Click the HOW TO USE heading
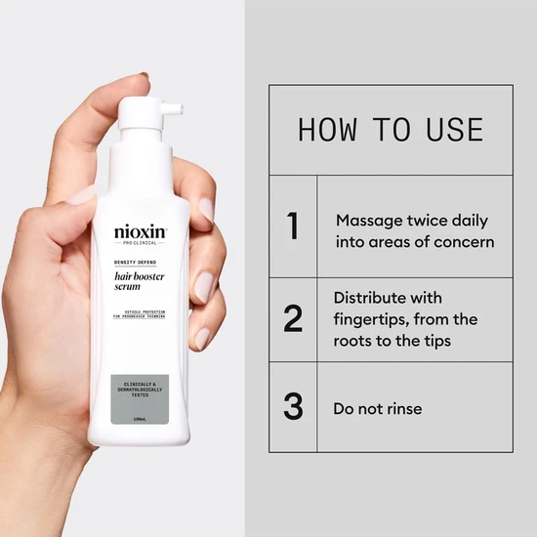[390, 130]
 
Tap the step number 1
[292, 226]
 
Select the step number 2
[292, 319]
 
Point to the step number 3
[292, 406]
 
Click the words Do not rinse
[378, 408]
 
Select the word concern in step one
[465, 242]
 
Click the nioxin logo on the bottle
[141, 232]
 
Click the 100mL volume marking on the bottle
[140, 419]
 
